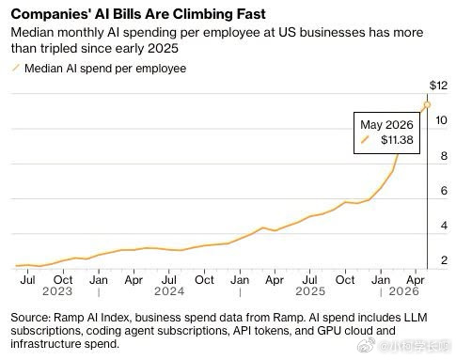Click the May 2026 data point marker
click(x=427, y=104)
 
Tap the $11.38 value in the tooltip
click(x=397, y=140)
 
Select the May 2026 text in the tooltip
click(x=386, y=125)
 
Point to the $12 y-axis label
click(x=438, y=86)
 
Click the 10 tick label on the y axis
click(x=441, y=120)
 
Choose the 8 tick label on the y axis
click(x=444, y=155)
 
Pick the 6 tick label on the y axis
click(x=444, y=190)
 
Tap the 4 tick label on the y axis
click(x=444, y=226)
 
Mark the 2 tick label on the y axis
click(x=444, y=260)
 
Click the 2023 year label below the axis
click(x=57, y=291)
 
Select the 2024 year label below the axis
click(x=169, y=291)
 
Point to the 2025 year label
click(x=310, y=291)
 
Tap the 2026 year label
click(x=403, y=291)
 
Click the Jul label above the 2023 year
click(x=27, y=280)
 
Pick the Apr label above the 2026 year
click(x=416, y=280)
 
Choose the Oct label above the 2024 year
click(x=204, y=280)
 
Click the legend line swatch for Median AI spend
click(x=16, y=68)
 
